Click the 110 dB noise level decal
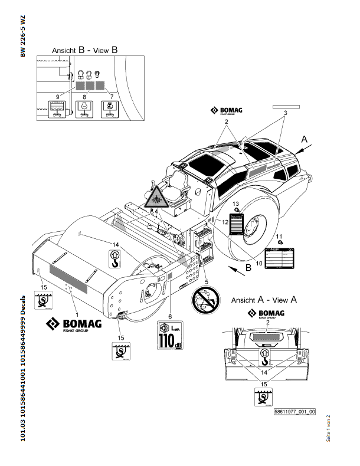[171, 337]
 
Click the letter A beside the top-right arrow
[305, 139]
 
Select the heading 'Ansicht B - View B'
[85, 51]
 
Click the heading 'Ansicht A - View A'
[263, 299]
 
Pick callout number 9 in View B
[57, 96]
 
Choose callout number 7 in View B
[111, 96]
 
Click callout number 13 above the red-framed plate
[235, 204]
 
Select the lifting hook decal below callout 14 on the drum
[116, 257]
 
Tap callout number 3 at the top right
[284, 112]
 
